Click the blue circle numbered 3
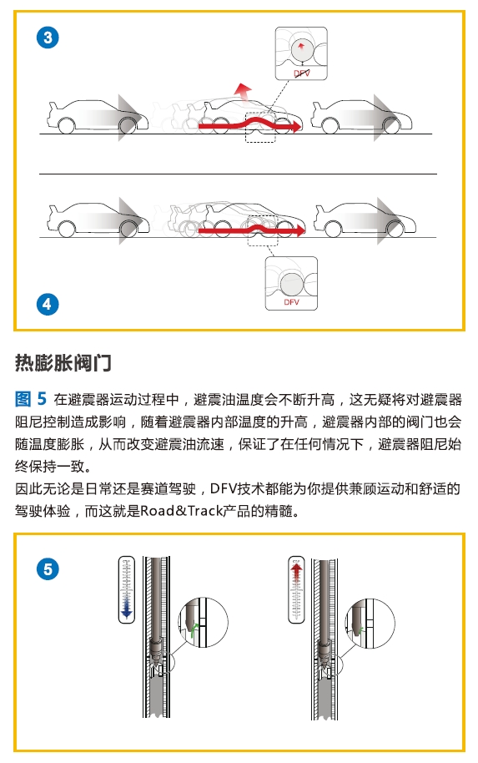pyautogui.click(x=48, y=38)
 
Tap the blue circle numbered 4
pyautogui.click(x=48, y=304)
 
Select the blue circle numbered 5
pyautogui.click(x=48, y=569)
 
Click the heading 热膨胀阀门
pyautogui.click(x=63, y=363)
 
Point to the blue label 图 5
pyautogui.click(x=31, y=399)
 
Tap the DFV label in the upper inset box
pyautogui.click(x=301, y=73)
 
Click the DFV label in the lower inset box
pyautogui.click(x=291, y=302)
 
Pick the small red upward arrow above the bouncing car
pyautogui.click(x=242, y=93)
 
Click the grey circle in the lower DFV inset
pyautogui.click(x=292, y=284)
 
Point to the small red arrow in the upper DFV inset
pyautogui.click(x=301, y=47)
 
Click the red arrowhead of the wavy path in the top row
pyautogui.click(x=295, y=127)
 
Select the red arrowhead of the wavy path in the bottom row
pyautogui.click(x=299, y=230)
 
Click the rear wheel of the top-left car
pyautogui.click(x=67, y=126)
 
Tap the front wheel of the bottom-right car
pyautogui.click(x=393, y=229)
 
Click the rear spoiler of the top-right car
pyautogui.click(x=317, y=107)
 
